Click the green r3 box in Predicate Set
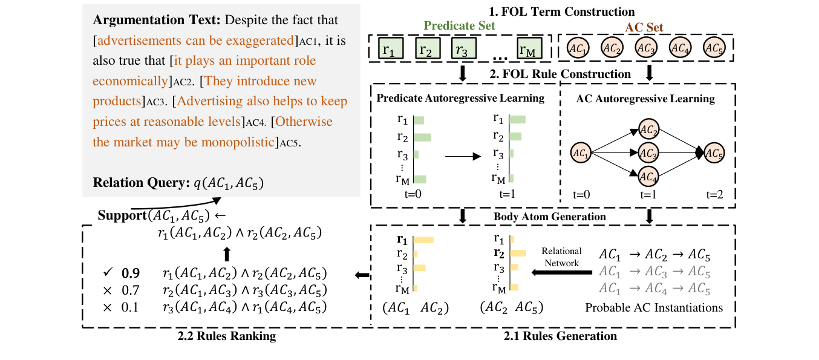click(x=463, y=48)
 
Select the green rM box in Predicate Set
click(x=529, y=48)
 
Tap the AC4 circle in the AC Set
click(x=680, y=48)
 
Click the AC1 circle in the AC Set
click(x=578, y=48)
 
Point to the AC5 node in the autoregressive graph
click(x=714, y=153)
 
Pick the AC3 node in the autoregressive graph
click(x=648, y=153)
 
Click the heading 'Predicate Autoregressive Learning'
click(x=460, y=98)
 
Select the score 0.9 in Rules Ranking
click(x=131, y=273)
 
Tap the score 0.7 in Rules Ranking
click(x=131, y=290)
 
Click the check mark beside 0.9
click(x=108, y=272)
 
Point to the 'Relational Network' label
click(x=561, y=257)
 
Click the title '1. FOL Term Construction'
click(x=561, y=11)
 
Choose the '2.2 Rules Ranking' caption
click(x=227, y=336)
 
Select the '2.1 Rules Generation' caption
click(x=560, y=336)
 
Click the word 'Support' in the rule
click(x=122, y=215)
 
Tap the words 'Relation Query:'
click(x=141, y=183)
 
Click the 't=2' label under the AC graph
click(x=714, y=194)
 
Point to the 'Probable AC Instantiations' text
click(x=654, y=308)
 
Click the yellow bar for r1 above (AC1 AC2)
click(x=423, y=240)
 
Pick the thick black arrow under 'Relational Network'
click(x=561, y=272)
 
